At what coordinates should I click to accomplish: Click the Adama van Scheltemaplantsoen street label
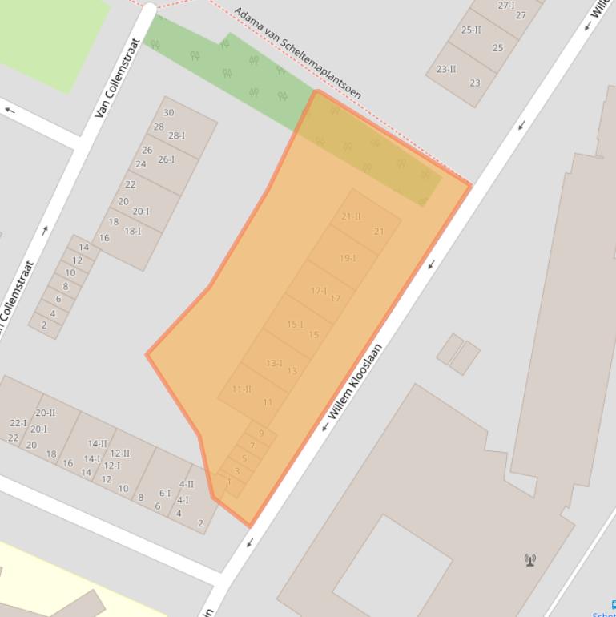[298, 54]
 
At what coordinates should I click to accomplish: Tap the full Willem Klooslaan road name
[352, 387]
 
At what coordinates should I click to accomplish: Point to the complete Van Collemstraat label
[117, 79]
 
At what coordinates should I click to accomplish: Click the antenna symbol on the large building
[529, 559]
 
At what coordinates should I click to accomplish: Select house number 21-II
[351, 216]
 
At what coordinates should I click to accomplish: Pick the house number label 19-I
[348, 258]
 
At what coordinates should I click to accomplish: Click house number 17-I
[319, 291]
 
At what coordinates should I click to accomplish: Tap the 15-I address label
[295, 325]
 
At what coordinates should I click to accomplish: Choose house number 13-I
[274, 363]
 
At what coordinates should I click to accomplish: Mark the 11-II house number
[241, 389]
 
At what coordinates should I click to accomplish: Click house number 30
[168, 113]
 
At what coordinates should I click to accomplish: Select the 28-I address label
[176, 136]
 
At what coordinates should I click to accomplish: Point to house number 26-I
[166, 159]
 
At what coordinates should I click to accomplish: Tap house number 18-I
[132, 231]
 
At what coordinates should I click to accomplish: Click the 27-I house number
[506, 6]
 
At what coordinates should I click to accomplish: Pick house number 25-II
[471, 30]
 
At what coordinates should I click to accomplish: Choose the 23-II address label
[446, 69]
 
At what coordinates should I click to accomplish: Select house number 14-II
[97, 443]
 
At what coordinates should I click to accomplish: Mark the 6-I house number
[164, 494]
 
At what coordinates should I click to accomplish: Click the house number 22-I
[18, 423]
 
